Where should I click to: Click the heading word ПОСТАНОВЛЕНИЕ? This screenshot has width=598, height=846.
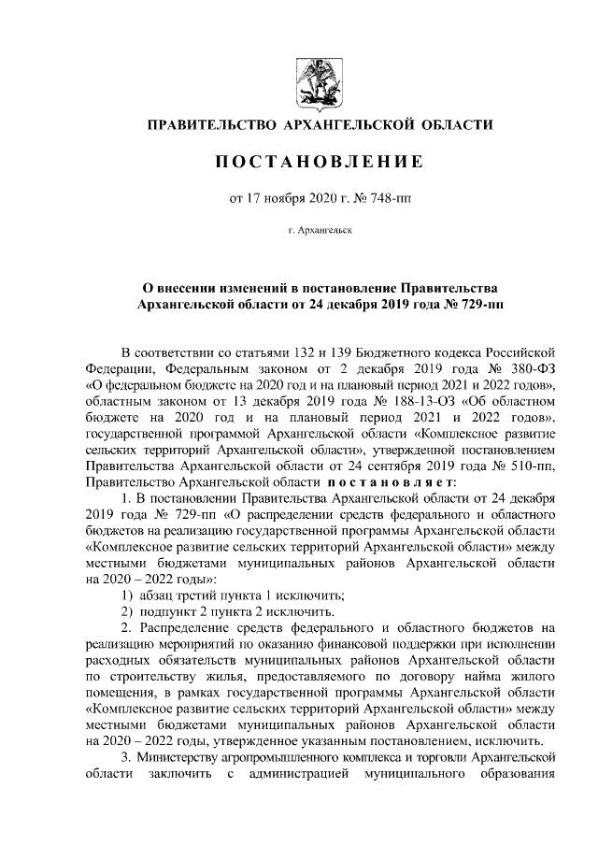[320, 163]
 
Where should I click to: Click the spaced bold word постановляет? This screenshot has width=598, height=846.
[391, 481]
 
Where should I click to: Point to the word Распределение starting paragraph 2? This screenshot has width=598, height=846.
[188, 629]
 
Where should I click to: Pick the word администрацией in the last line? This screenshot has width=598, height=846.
[304, 775]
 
